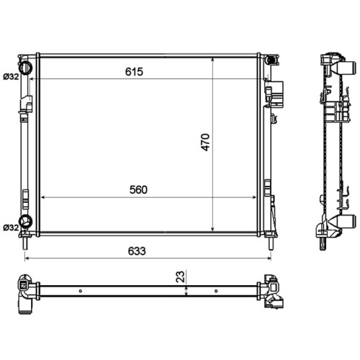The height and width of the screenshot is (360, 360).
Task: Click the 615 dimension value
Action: click(134, 71)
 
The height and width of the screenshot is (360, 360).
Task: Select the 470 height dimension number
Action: click(205, 142)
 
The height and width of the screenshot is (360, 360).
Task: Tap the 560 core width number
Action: click(138, 189)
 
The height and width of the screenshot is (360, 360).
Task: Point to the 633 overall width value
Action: click(137, 251)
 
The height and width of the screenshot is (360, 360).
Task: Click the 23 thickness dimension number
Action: click(181, 276)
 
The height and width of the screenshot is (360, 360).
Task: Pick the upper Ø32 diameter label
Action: click(11, 77)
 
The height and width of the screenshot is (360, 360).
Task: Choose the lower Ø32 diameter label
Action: click(11, 228)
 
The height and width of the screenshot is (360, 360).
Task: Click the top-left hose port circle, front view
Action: click(25, 68)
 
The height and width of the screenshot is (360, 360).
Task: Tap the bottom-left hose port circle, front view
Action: click(26, 221)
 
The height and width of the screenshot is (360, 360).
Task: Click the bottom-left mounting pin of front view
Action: click(25, 243)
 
